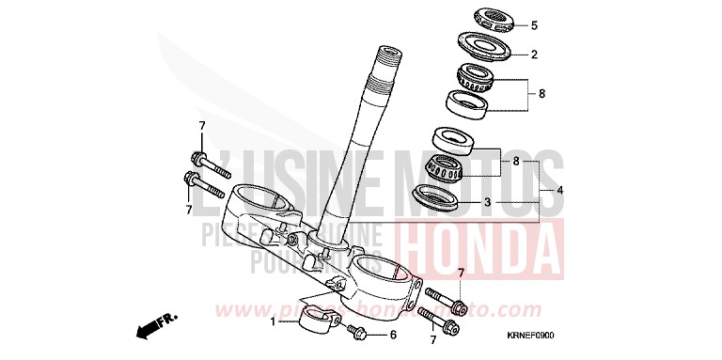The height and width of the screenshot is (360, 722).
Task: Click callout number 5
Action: click(x=533, y=25)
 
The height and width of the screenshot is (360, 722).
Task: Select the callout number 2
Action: click(x=533, y=55)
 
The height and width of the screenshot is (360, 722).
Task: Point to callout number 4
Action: click(x=560, y=191)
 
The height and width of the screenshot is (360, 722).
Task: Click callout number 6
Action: click(x=394, y=334)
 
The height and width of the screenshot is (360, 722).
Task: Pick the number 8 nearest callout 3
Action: click(x=515, y=162)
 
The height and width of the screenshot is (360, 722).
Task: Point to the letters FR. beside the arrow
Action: click(x=167, y=320)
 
